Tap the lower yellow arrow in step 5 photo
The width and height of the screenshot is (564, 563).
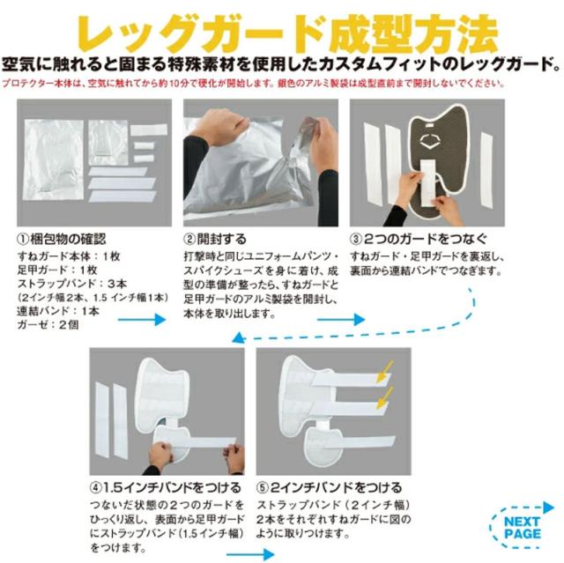click(x=383, y=404)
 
